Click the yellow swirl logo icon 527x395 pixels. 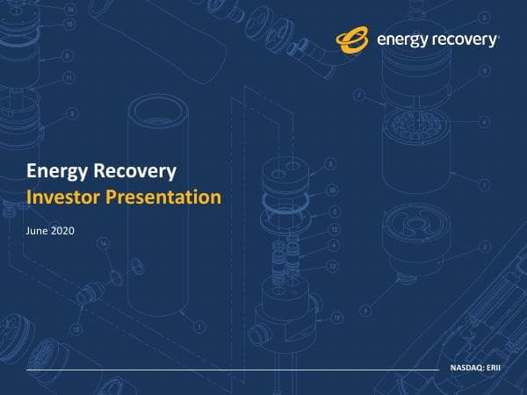353,39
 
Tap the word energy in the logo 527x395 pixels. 400,39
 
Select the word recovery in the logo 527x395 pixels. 464,39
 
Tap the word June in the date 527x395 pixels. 38,231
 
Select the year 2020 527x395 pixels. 63,231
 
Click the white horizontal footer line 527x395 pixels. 228,370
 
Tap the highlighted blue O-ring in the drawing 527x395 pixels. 285,201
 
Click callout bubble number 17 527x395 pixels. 336,320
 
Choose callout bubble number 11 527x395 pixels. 67,78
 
